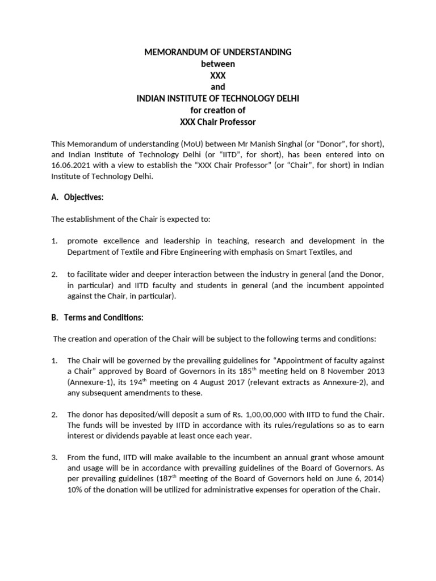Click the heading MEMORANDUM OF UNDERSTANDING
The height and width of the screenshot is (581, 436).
pyautogui.click(x=218, y=52)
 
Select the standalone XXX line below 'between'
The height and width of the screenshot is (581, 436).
pyautogui.click(x=218, y=75)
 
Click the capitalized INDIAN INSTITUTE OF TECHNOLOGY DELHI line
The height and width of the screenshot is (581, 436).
pyautogui.click(x=218, y=99)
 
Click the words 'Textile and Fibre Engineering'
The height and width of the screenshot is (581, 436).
pyautogui.click(x=163, y=251)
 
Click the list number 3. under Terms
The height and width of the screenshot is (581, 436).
pyautogui.click(x=54, y=457)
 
